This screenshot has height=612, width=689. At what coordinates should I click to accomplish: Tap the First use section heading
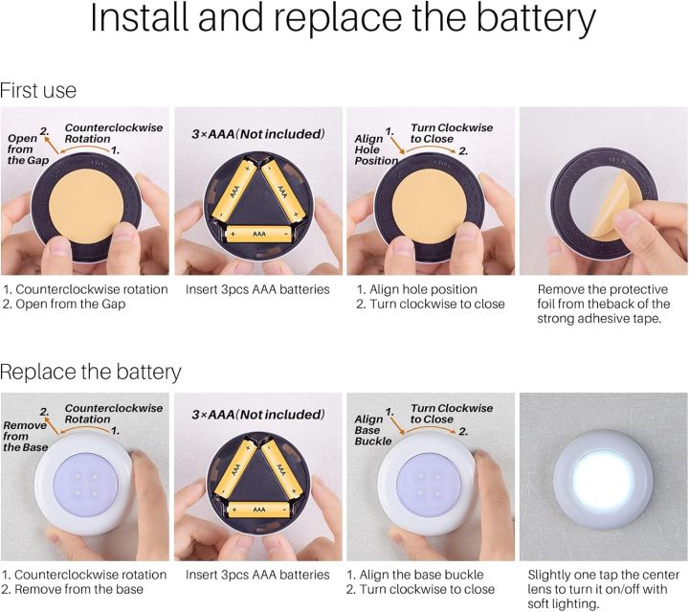[x=38, y=91]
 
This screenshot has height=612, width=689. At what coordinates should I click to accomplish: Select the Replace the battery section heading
[x=91, y=372]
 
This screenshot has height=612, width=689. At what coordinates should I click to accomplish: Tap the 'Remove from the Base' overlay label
[x=24, y=432]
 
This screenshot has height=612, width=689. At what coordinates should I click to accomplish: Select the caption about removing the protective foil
[x=603, y=304]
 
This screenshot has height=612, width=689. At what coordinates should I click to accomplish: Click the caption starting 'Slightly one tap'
[x=603, y=589]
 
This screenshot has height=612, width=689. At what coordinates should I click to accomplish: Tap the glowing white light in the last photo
[x=603, y=477]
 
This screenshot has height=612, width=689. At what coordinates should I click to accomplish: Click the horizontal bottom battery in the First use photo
[x=258, y=233]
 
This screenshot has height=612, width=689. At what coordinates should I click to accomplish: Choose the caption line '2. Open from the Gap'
[x=64, y=305]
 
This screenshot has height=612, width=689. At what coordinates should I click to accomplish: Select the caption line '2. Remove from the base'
[x=73, y=589]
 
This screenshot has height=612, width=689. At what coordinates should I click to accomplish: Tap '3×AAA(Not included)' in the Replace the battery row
[x=258, y=415]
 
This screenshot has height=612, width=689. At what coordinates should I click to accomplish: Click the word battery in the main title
[x=536, y=22]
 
